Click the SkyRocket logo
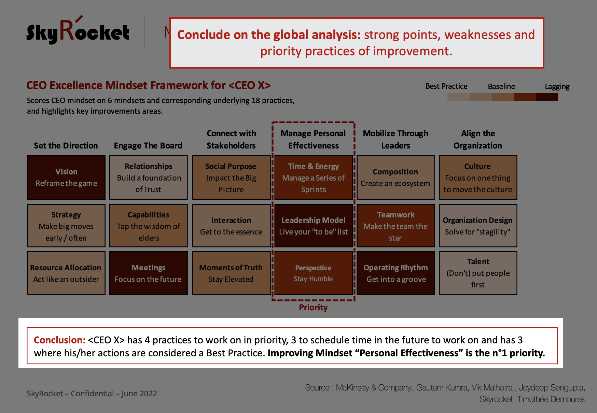click(78, 31)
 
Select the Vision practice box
click(66, 177)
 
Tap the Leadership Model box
click(314, 226)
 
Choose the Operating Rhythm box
click(396, 273)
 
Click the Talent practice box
click(478, 273)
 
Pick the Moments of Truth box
click(231, 273)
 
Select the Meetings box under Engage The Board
click(149, 273)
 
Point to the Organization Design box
click(478, 226)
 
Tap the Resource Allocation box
click(66, 273)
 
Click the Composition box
click(396, 177)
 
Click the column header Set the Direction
click(66, 146)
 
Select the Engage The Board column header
click(148, 146)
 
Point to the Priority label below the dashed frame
click(313, 308)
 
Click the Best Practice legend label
click(446, 86)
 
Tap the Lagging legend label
click(557, 87)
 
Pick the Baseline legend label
click(501, 87)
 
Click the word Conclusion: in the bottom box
click(60, 340)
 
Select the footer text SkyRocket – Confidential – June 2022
click(92, 394)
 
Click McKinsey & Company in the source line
click(374, 388)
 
